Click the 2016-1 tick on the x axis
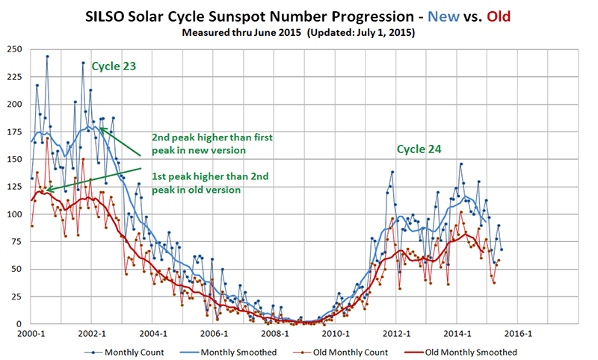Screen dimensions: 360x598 (x=519, y=334)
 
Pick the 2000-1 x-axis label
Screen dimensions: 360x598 (x=31, y=334)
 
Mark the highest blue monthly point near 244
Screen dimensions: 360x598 (x=47, y=56)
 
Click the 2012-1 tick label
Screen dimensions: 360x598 (x=397, y=334)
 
